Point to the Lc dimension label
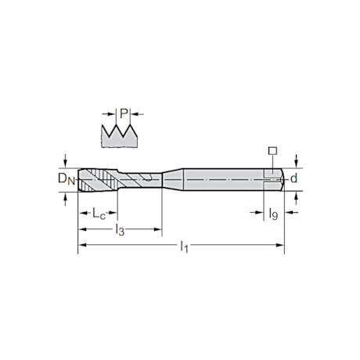pyautogui.click(x=94, y=212)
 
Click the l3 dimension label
pyautogui.click(x=119, y=229)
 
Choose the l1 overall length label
pyautogui.click(x=184, y=247)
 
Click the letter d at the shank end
pyautogui.click(x=293, y=179)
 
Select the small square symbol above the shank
pyautogui.click(x=272, y=150)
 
